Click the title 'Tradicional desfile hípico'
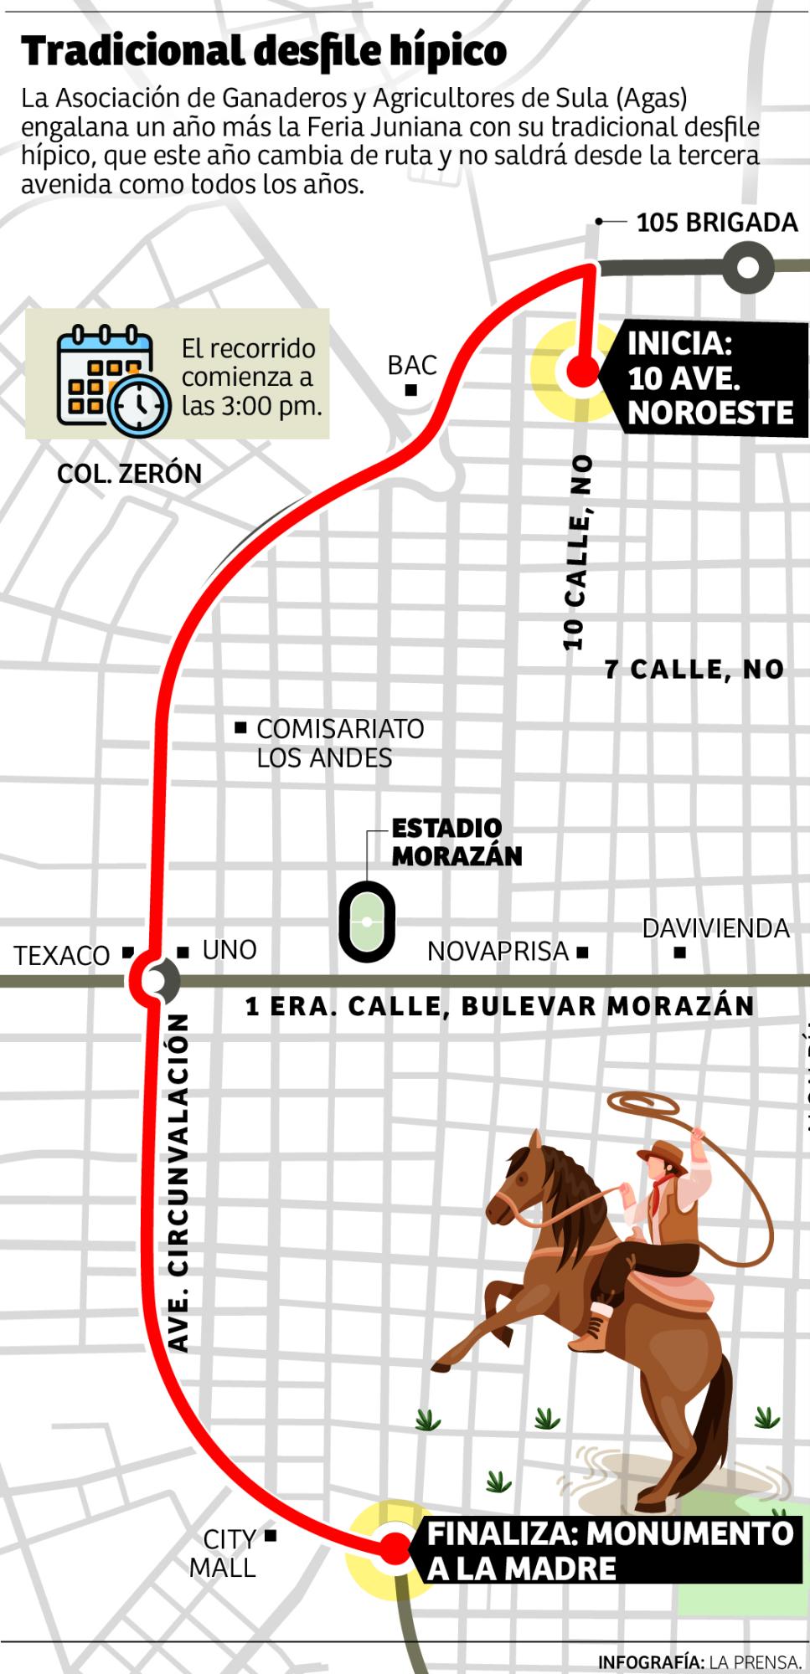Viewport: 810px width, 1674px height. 264,52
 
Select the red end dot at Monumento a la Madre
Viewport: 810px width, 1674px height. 390,1548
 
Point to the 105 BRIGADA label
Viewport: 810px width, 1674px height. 716,223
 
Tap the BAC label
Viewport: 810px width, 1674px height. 412,365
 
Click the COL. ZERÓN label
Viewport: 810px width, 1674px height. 129,474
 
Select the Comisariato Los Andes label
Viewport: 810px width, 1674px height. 339,743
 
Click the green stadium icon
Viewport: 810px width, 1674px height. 367,921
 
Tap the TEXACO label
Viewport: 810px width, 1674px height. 62,955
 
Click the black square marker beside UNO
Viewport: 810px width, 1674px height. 183,952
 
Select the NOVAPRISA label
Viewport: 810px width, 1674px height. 498,952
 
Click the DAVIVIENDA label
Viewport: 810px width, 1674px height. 715,928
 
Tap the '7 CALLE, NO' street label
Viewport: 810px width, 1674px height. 694,669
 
